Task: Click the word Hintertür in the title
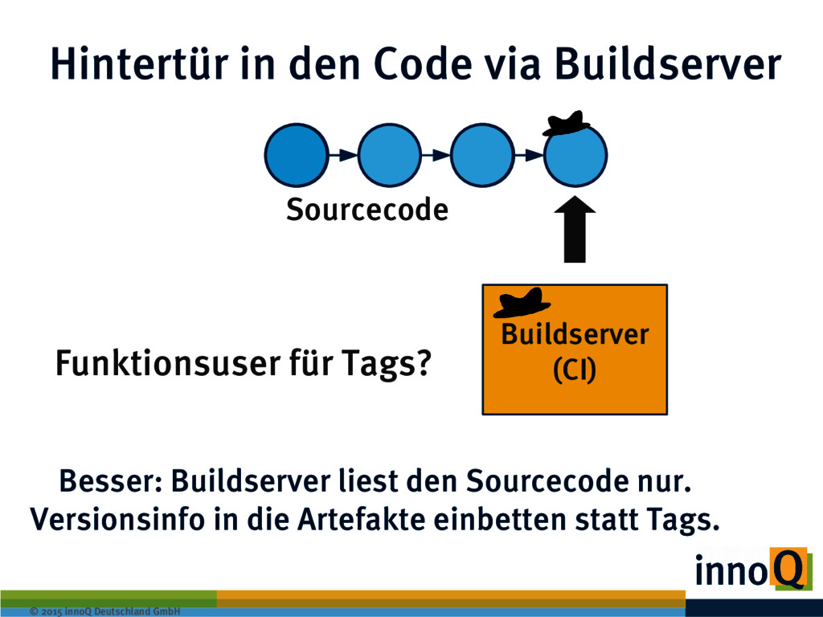[x=137, y=63]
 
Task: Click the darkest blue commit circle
[x=296, y=155]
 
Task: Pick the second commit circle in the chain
[x=389, y=155]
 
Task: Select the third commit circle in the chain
[x=482, y=155]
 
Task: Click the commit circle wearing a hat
[x=575, y=157]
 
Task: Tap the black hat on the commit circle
[x=566, y=123]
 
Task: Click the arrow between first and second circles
[x=342, y=154]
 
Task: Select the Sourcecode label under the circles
[x=366, y=210]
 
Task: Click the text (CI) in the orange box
[x=575, y=369]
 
